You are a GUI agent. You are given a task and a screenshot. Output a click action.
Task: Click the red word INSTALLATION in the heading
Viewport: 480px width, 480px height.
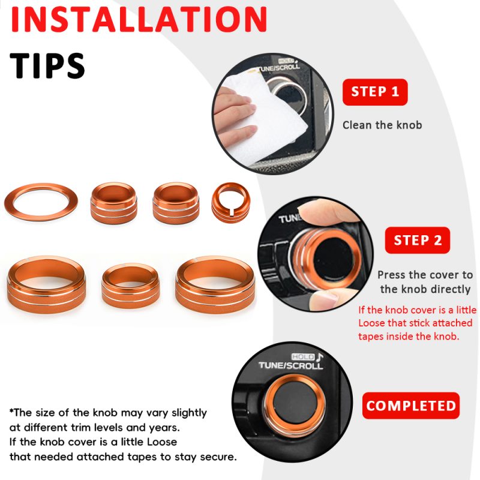pyautogui.click(x=139, y=19)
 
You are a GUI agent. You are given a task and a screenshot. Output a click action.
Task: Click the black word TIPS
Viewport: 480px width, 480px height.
pyautogui.click(x=47, y=65)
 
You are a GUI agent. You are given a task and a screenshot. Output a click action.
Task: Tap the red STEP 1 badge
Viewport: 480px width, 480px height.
pyautogui.click(x=375, y=92)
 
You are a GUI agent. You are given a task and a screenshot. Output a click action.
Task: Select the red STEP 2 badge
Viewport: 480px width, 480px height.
pyautogui.click(x=418, y=240)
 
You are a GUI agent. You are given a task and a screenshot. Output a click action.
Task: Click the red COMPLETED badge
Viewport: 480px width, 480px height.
pyautogui.click(x=411, y=406)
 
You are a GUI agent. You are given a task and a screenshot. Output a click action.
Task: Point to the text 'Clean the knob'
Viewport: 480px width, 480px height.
pyautogui.click(x=382, y=125)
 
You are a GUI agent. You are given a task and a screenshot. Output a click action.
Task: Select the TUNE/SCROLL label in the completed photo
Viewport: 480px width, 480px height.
pyautogui.click(x=291, y=365)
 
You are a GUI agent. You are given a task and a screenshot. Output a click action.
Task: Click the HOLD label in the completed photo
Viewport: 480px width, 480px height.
pyautogui.click(x=303, y=356)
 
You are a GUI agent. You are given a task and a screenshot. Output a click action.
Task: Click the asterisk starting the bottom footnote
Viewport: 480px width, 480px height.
pyautogui.click(x=11, y=410)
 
